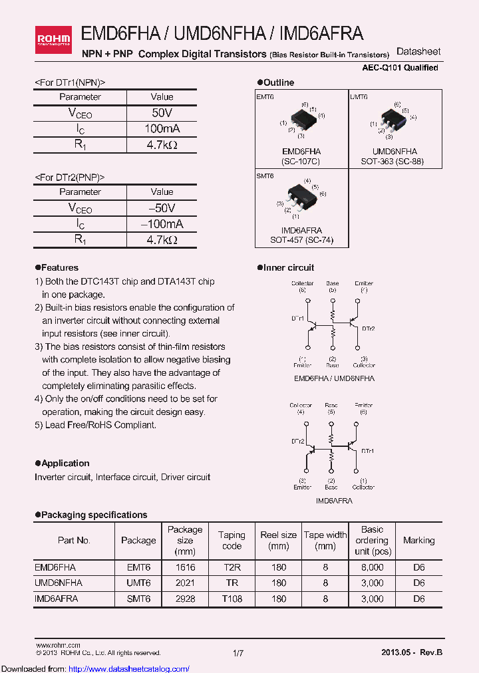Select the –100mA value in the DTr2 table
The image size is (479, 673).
point(162,224)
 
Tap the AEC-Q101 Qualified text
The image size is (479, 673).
point(400,68)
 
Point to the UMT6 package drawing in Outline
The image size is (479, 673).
point(393,120)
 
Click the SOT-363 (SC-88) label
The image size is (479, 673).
point(393,162)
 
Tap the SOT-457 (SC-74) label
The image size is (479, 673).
point(302,239)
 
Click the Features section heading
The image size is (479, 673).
point(59,267)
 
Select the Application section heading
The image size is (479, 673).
point(65,463)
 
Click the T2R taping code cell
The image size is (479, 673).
point(232,567)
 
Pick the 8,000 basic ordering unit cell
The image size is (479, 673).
point(372,567)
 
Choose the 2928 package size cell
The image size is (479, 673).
point(185,599)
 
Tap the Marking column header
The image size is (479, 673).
point(418,541)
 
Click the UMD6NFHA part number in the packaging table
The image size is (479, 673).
point(59,583)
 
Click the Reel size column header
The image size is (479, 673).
point(279,541)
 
